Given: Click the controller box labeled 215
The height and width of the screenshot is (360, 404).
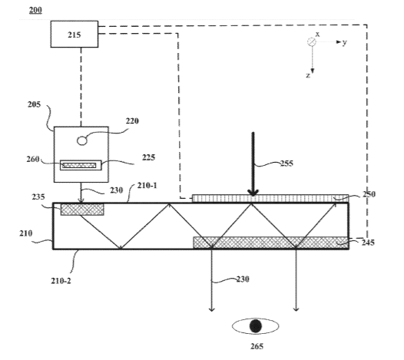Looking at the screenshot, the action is coord(75,34).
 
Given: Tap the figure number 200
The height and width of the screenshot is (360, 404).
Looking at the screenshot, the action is coord(35,10).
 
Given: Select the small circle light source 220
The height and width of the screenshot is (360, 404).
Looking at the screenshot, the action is coord(82,141).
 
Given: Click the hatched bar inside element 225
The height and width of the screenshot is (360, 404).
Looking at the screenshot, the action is coord(79,165).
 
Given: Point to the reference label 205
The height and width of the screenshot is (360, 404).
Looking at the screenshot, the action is coord(35,104).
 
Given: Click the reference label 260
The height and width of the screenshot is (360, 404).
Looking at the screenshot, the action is coord(33,159).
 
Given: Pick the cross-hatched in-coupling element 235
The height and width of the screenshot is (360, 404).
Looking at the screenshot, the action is coord(82,209).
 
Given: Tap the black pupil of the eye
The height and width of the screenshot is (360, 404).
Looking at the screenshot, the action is coord(255,326).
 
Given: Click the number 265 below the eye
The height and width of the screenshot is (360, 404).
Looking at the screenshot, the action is coord(257,346).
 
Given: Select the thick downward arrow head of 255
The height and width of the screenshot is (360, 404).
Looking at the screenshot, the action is coord(253,193).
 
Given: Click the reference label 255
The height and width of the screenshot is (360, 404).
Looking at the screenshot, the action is coord(286,163).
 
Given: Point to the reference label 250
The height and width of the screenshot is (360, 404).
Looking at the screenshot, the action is coord(369,194).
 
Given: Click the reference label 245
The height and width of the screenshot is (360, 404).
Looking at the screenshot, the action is coord(368,243).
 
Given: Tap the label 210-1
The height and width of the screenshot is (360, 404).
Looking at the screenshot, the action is coord(147,186).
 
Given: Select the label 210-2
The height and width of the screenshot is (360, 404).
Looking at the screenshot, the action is coord(61,281).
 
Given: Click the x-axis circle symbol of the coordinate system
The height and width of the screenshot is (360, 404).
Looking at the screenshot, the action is coord(312,41).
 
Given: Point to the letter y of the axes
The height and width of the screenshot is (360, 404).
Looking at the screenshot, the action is coord(345,42).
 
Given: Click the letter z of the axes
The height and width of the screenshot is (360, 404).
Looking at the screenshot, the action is coord(308,75).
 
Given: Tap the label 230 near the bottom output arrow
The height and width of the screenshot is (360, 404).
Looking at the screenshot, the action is coord(243,279).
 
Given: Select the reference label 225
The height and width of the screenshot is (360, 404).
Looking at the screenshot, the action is coord(149,157).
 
